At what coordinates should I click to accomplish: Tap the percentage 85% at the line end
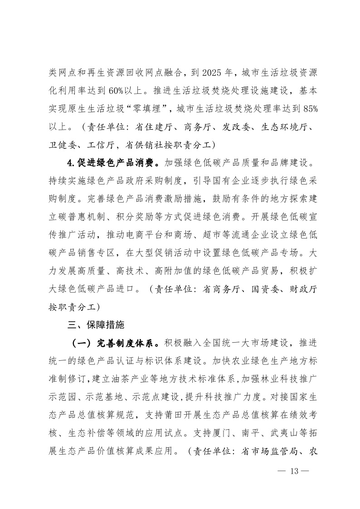(x=306, y=109)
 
